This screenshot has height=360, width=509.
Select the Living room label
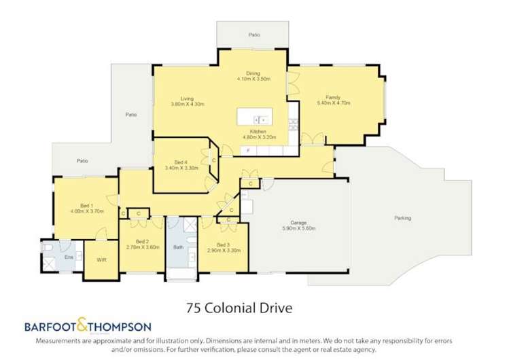187,98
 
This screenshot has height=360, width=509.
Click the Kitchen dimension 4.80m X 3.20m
257,137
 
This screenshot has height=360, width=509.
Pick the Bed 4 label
180,162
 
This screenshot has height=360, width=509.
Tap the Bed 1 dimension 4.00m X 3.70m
86,211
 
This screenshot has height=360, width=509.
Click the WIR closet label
101,260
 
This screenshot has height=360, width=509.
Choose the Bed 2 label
142,241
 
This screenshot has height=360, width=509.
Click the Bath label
178,247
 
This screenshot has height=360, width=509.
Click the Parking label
402,218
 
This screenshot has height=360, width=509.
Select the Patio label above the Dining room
254,33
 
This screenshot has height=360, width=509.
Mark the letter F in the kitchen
249,149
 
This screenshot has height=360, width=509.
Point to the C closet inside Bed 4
213,160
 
